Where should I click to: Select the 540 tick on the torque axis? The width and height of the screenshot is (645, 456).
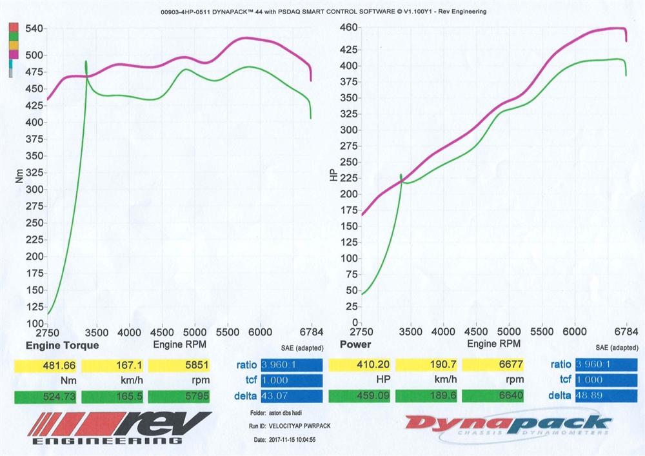pos(34,29)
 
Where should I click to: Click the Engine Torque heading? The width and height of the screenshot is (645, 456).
pos(62,345)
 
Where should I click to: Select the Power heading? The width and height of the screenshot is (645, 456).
pos(355,345)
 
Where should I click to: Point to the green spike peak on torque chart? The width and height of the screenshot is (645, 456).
pos(86,62)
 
